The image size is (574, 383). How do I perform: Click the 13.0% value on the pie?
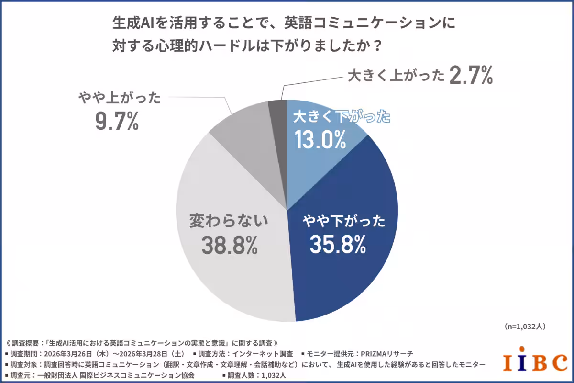coord(320,139)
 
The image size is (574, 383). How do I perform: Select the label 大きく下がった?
coord(342,117)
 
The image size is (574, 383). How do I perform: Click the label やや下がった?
coord(343,222)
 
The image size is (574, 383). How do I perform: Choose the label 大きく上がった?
coord(395,76)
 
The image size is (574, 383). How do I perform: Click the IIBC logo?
coord(535,362)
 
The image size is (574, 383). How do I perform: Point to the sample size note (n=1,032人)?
coord(525,326)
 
